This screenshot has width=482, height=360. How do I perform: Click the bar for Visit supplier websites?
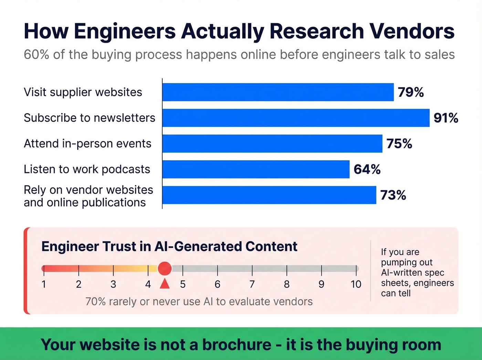click(x=278, y=92)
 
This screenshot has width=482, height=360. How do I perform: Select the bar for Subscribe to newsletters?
click(x=296, y=118)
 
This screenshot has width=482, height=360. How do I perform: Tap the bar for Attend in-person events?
click(x=272, y=144)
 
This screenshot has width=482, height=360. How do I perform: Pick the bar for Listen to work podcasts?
click(x=256, y=169)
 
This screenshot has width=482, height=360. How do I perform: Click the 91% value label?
click(x=446, y=118)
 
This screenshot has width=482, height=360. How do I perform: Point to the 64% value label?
click(x=367, y=169)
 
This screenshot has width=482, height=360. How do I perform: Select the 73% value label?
click(x=393, y=195)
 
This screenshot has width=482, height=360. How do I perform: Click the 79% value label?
click(x=410, y=92)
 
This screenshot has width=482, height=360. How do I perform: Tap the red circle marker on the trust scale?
click(x=165, y=268)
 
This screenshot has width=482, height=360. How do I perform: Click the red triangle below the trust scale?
click(x=165, y=284)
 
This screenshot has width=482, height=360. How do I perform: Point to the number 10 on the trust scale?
click(x=356, y=284)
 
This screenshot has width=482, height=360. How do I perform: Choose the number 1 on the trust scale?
click(x=44, y=284)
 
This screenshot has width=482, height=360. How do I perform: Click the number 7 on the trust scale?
click(x=252, y=284)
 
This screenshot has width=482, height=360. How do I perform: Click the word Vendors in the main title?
click(x=412, y=31)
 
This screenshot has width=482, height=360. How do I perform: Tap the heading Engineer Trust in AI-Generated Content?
click(x=169, y=247)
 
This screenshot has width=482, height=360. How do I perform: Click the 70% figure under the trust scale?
click(x=95, y=301)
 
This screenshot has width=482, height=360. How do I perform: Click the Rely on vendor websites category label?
click(x=88, y=196)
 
